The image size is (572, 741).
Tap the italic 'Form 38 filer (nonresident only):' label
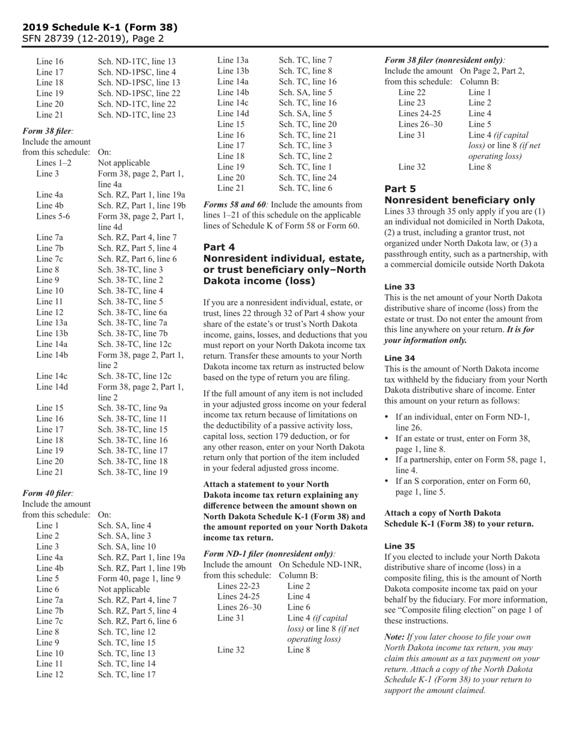coord(445,60)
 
